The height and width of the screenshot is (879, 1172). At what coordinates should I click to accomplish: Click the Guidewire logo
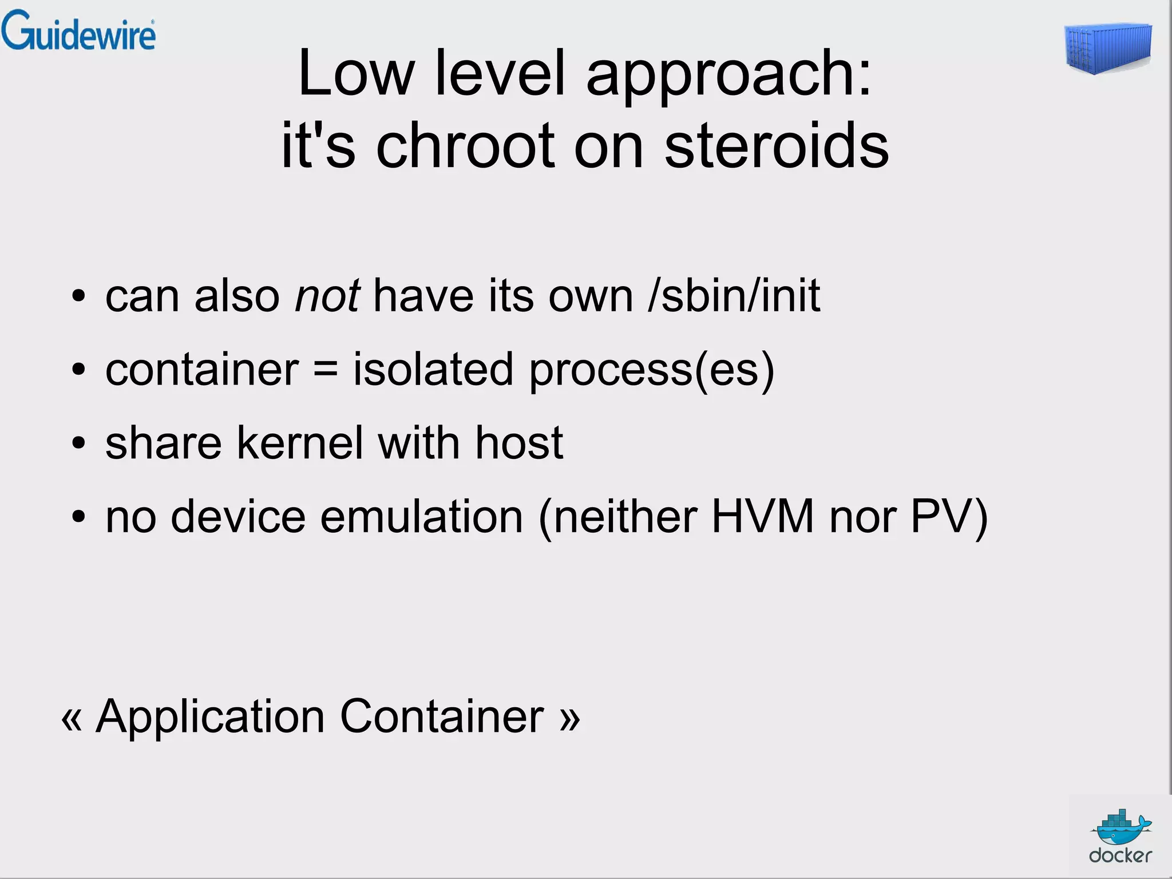[x=78, y=31]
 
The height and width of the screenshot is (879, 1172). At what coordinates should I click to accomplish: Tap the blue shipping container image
[x=1108, y=49]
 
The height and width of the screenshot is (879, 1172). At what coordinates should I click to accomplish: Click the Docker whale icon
[x=1120, y=827]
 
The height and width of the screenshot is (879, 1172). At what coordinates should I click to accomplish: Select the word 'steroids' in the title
[x=777, y=146]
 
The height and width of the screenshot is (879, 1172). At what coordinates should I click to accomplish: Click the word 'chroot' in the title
[x=465, y=146]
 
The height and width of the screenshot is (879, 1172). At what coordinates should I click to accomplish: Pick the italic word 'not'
[x=327, y=296]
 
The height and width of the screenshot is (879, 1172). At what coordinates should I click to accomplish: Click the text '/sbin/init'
[x=734, y=296]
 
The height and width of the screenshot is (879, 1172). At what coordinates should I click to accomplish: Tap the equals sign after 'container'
[x=326, y=370]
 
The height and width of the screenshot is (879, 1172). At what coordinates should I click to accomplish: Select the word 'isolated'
[x=433, y=369]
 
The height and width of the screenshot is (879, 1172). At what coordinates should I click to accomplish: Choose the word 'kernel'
[x=300, y=443]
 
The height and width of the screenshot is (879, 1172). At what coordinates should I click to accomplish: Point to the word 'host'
[x=519, y=443]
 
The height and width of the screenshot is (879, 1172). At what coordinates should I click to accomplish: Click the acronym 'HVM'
[x=762, y=516]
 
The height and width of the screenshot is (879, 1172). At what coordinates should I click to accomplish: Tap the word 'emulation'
[x=422, y=516]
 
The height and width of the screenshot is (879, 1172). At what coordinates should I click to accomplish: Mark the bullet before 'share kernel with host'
[x=78, y=444]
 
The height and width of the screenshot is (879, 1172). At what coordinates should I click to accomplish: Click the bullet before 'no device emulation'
[x=78, y=517]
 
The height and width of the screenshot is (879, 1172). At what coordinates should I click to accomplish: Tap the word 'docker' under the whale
[x=1120, y=856]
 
